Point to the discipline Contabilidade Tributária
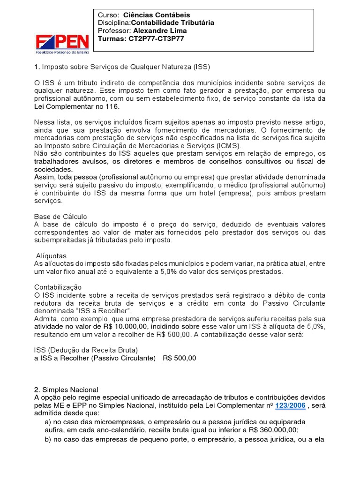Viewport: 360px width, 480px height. [x=172, y=22]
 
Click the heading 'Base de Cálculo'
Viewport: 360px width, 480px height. [x=60, y=217]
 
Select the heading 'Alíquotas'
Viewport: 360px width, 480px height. [x=51, y=256]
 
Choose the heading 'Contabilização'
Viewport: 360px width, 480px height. [x=58, y=287]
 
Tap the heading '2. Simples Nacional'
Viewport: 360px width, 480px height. [x=66, y=390]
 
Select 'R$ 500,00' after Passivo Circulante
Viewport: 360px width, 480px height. [x=180, y=358]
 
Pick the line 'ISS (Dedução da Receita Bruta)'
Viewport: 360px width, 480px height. [x=86, y=350]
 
